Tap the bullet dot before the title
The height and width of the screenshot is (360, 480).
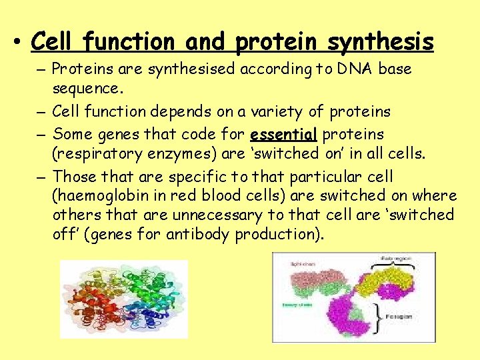point(14,43)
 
